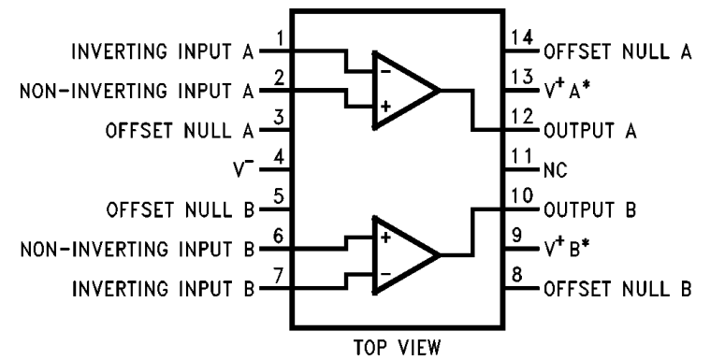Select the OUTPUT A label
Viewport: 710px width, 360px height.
(x=589, y=132)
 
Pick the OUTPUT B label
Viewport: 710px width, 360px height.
(x=589, y=210)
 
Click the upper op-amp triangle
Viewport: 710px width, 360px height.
(x=402, y=92)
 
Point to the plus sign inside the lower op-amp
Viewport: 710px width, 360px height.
(x=384, y=238)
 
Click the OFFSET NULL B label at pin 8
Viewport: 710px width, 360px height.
(x=617, y=289)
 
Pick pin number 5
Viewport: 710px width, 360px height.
(x=278, y=197)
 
